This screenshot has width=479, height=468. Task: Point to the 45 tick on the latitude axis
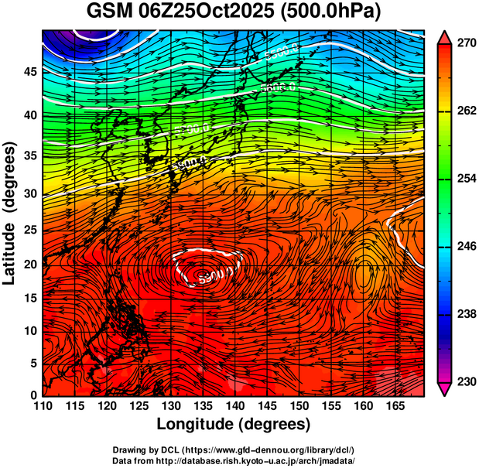pos(29,72)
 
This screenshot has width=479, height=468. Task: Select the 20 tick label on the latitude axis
pos(29,264)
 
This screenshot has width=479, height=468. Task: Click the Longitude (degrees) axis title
pos(234,424)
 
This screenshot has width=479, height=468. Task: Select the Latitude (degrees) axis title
pos(10,214)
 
